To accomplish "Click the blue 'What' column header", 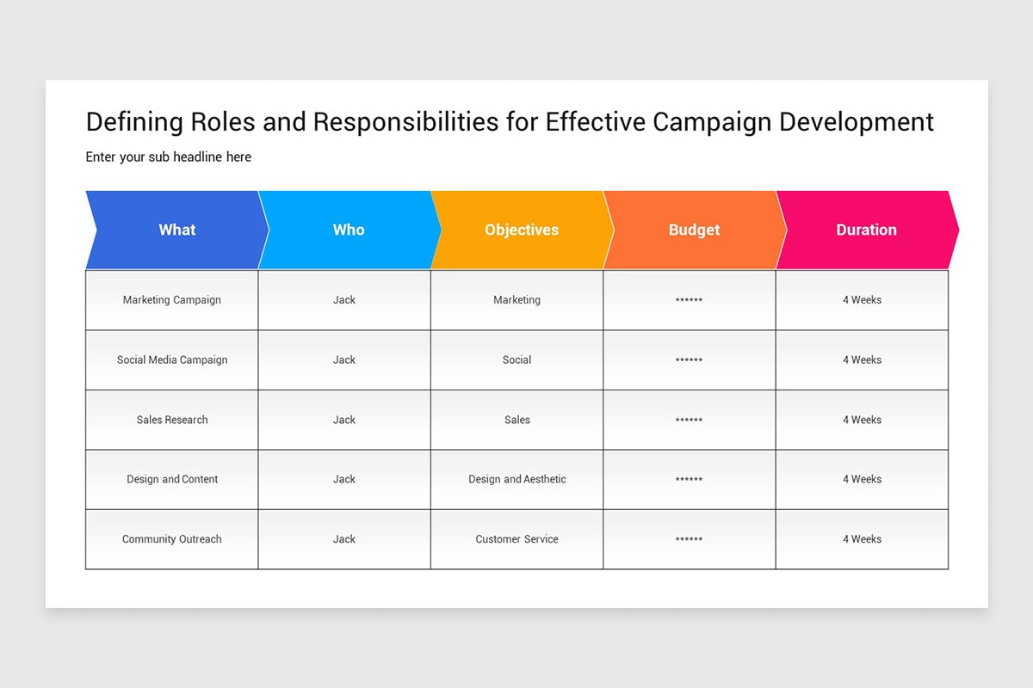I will pyautogui.click(x=176, y=230).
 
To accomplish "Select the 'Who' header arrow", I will pyautogui.click(x=349, y=230).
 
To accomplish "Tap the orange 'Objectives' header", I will pyautogui.click(x=522, y=230).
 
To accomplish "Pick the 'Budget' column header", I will pyautogui.click(x=694, y=230).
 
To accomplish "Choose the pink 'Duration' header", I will pyautogui.click(x=866, y=230).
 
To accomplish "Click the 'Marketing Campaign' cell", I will pyautogui.click(x=172, y=300).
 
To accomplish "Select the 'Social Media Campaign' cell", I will pyautogui.click(x=172, y=359).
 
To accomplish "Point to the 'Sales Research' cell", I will pyautogui.click(x=172, y=420).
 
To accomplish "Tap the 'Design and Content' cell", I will pyautogui.click(x=172, y=479).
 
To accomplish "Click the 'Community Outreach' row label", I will pyautogui.click(x=172, y=539).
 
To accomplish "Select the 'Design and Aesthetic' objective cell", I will pyautogui.click(x=517, y=479).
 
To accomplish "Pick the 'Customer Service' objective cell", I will pyautogui.click(x=517, y=539).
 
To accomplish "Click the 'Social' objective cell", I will pyautogui.click(x=517, y=359).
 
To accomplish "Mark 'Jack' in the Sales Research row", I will pyautogui.click(x=344, y=420).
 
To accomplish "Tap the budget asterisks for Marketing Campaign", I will pyautogui.click(x=690, y=300).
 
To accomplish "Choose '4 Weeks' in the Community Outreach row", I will pyautogui.click(x=862, y=539).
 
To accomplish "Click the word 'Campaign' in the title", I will pyautogui.click(x=712, y=122).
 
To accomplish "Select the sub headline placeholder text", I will pyautogui.click(x=169, y=157).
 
